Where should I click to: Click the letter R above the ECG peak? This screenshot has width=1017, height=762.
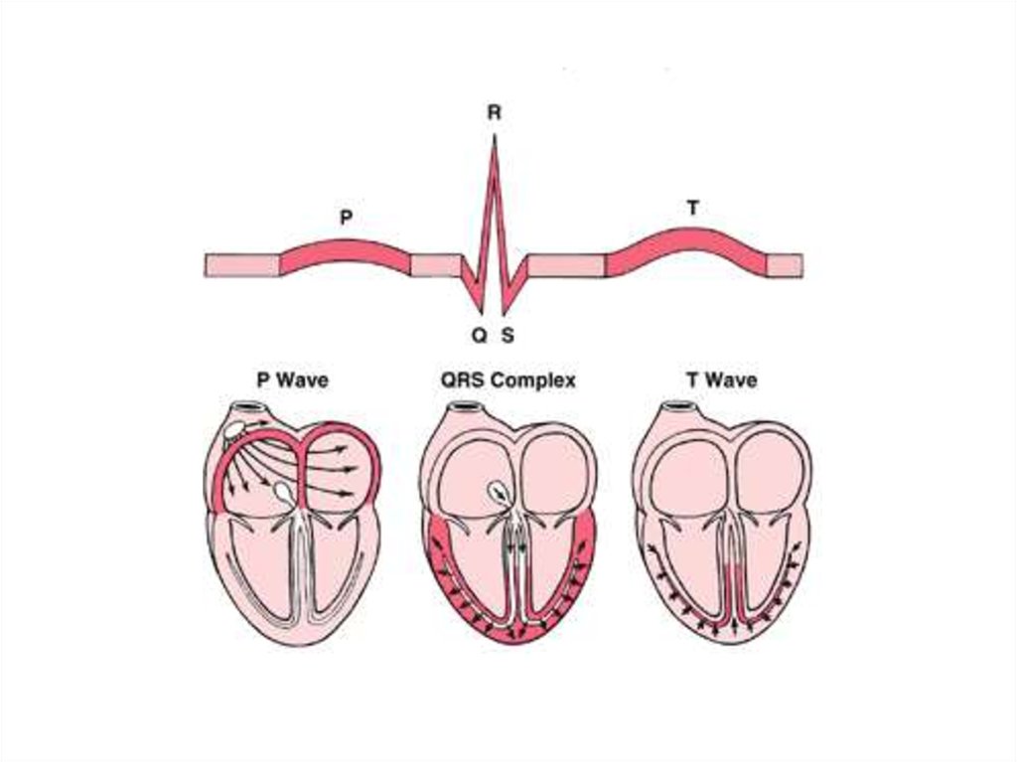coord(494,113)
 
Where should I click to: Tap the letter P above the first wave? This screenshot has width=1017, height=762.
coord(346,217)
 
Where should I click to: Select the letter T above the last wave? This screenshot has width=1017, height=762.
coord(691,209)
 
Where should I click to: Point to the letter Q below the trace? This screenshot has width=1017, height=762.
coord(479,336)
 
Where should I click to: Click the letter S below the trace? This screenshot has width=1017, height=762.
coord(508,336)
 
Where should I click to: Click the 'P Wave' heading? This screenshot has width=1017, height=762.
coord(292,381)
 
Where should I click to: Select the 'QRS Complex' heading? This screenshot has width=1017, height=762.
coord(508,381)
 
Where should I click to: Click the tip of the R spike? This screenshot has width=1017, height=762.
coord(494,136)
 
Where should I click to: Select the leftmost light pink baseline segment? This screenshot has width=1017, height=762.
coord(242,265)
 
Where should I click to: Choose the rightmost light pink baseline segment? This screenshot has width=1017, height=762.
coord(785,265)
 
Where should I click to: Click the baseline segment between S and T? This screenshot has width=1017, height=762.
coord(566,265)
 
